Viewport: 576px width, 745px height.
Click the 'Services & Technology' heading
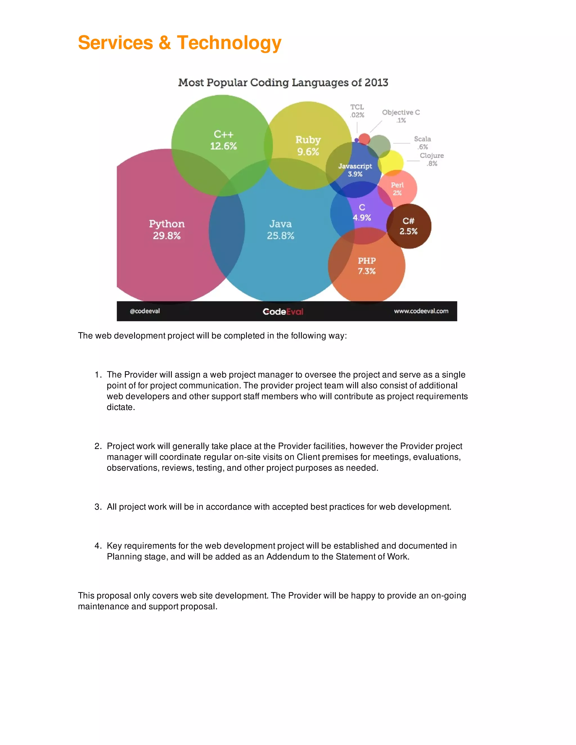pos(179,43)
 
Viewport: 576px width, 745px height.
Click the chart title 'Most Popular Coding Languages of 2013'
pos(283,83)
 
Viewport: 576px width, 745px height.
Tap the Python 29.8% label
pos(166,230)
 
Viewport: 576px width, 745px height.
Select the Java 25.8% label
pos(280,230)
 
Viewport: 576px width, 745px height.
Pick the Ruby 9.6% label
pos(308,146)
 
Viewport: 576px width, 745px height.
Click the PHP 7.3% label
pos(366,266)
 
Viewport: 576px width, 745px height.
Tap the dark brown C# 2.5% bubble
pos(409,226)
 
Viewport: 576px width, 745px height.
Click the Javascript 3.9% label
pos(355,170)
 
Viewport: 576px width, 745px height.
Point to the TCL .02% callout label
pos(357,111)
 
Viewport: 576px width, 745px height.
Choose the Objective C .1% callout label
pos(401,116)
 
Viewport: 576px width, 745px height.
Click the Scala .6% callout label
pos(422,143)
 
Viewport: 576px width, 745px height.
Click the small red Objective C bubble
pos(364,139)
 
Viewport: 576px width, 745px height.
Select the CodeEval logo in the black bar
pos(283,311)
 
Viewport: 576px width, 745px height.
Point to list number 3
pos(98,507)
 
